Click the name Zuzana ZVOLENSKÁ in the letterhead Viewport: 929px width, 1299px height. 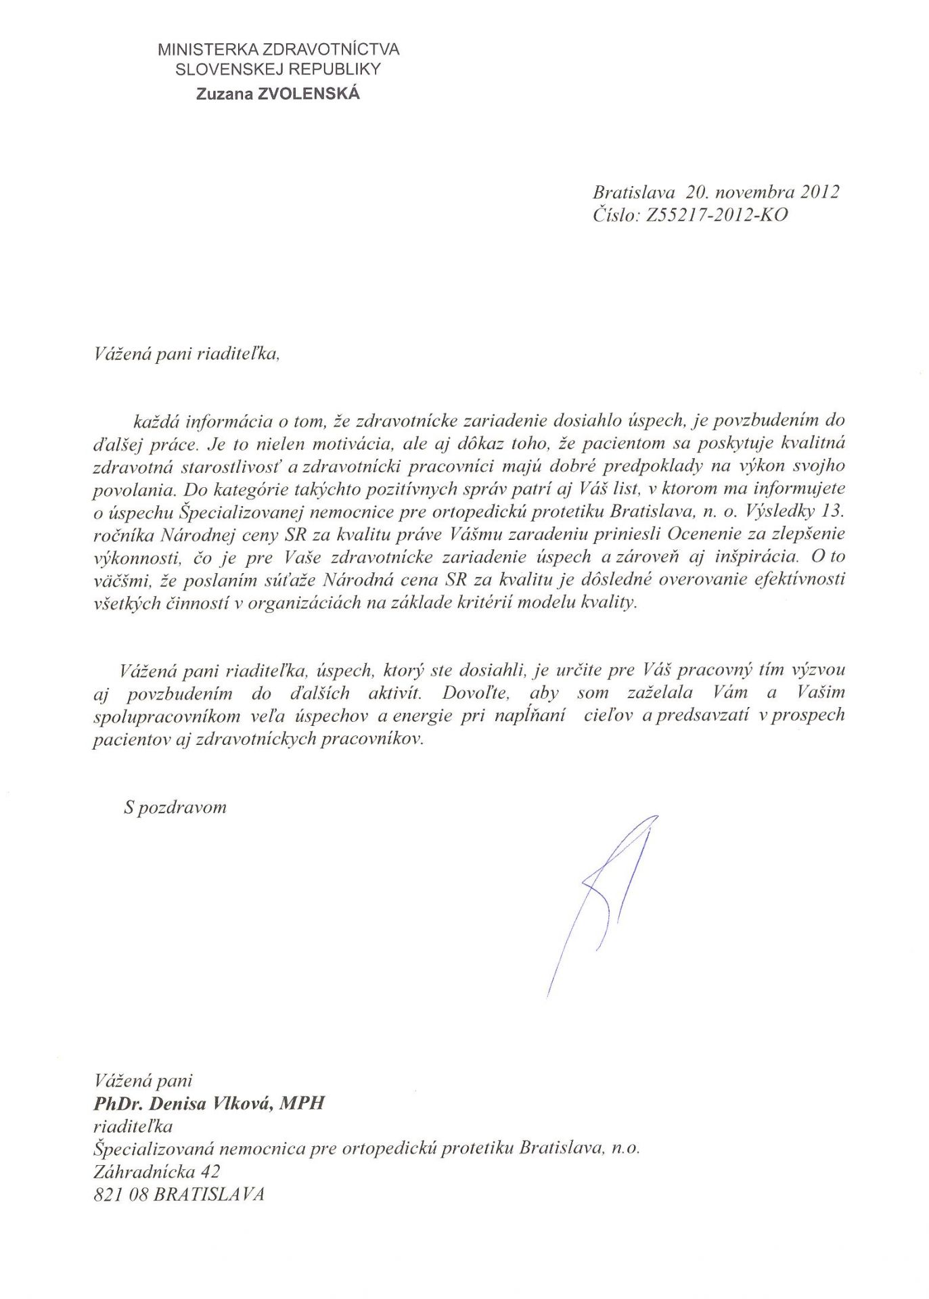coord(278,94)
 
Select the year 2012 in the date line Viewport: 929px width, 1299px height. coord(820,191)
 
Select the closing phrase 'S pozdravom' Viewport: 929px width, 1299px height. coord(175,807)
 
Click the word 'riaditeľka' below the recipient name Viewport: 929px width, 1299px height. coord(133,1126)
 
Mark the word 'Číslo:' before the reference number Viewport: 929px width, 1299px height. coord(613,214)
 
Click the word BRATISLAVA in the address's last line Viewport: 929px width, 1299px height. coord(209,1194)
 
